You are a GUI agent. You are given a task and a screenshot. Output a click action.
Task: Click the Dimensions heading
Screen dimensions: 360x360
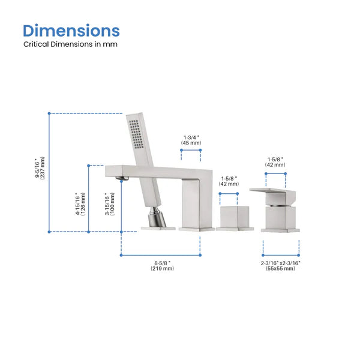click(71, 31)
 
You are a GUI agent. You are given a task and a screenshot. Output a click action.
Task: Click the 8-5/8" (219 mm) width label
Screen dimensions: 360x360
click(161, 265)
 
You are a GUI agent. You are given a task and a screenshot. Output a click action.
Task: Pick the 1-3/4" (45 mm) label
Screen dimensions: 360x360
click(191, 140)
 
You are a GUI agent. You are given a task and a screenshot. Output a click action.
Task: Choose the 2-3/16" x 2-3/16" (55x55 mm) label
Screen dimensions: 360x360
click(281, 265)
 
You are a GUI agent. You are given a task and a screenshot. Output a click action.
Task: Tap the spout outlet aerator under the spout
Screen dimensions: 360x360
click(122, 178)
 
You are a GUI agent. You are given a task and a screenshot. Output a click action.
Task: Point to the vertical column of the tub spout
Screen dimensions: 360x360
click(196, 204)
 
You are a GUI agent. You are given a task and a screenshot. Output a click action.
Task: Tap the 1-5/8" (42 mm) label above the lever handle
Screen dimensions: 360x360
click(275, 162)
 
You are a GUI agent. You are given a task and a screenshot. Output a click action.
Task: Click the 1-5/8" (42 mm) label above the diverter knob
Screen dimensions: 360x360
click(229, 181)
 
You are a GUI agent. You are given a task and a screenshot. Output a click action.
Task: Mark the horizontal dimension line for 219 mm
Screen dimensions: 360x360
click(161, 255)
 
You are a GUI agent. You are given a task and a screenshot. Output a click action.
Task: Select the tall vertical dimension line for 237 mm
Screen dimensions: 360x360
click(49, 172)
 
